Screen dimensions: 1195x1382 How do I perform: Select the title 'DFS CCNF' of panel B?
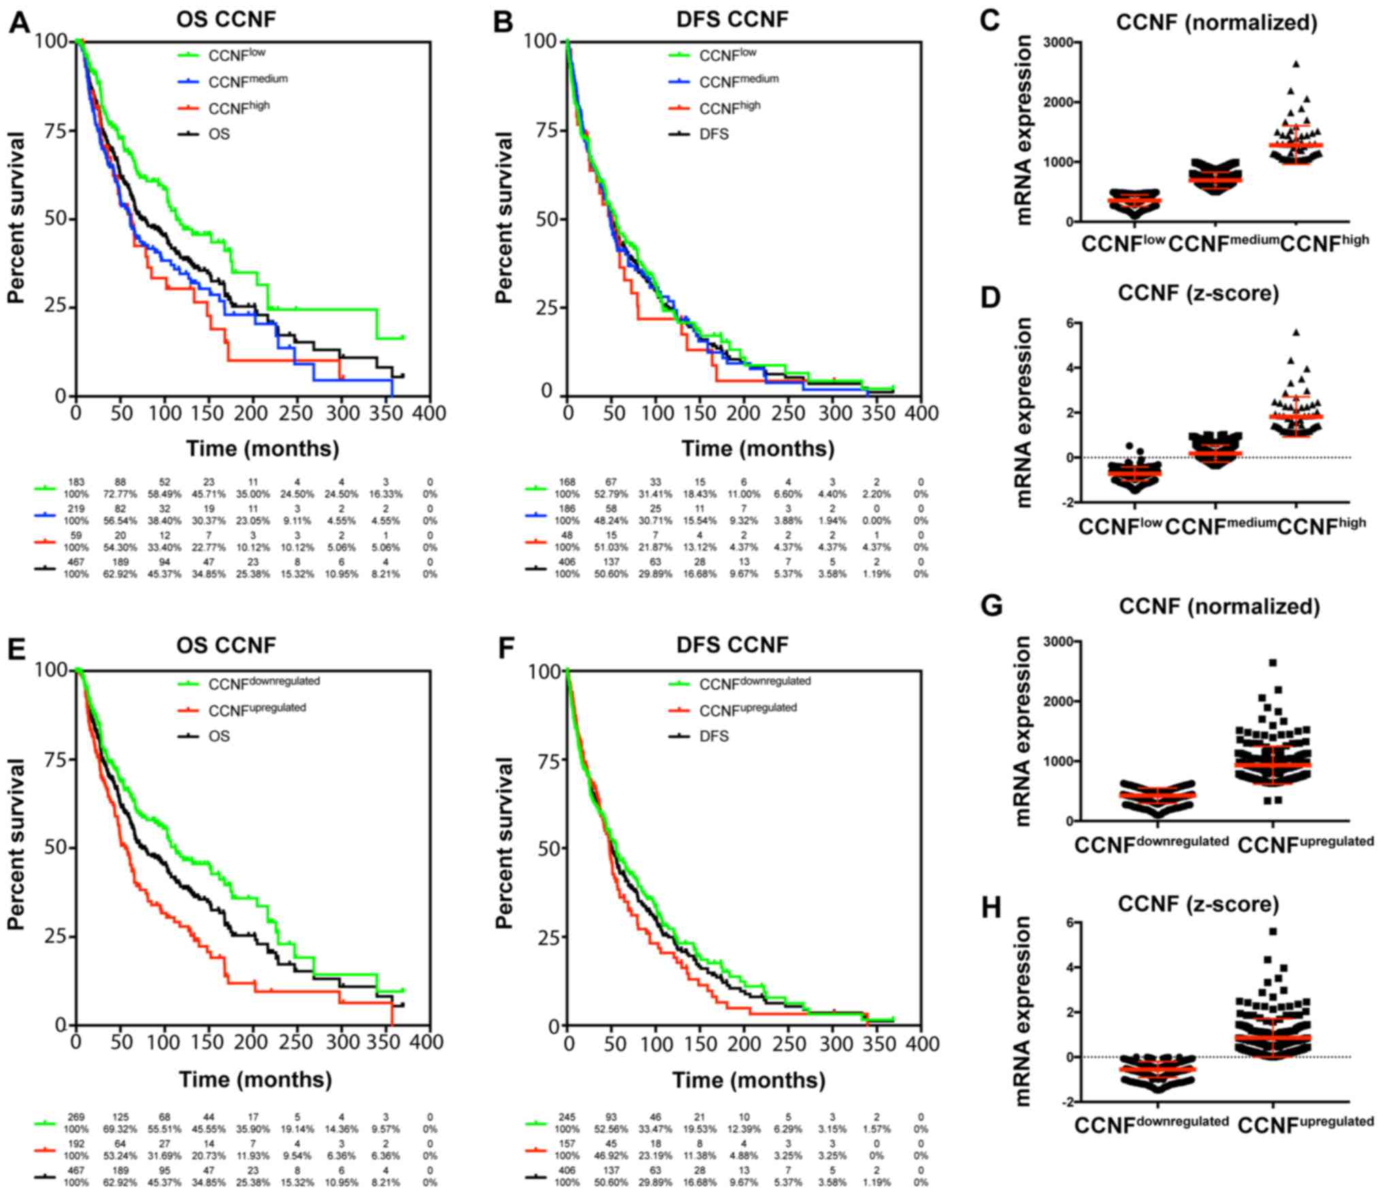(732, 19)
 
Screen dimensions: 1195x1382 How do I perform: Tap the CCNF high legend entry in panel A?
(239, 107)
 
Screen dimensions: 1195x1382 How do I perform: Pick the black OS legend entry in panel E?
(219, 736)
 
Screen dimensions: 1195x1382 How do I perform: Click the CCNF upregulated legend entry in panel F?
(748, 709)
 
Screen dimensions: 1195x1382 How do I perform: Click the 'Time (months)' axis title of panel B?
(757, 449)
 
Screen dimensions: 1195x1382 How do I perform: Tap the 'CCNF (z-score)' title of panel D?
(1198, 293)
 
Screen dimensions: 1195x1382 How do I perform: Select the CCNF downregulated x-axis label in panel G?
(1151, 844)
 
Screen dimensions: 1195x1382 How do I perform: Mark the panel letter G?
(991, 605)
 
